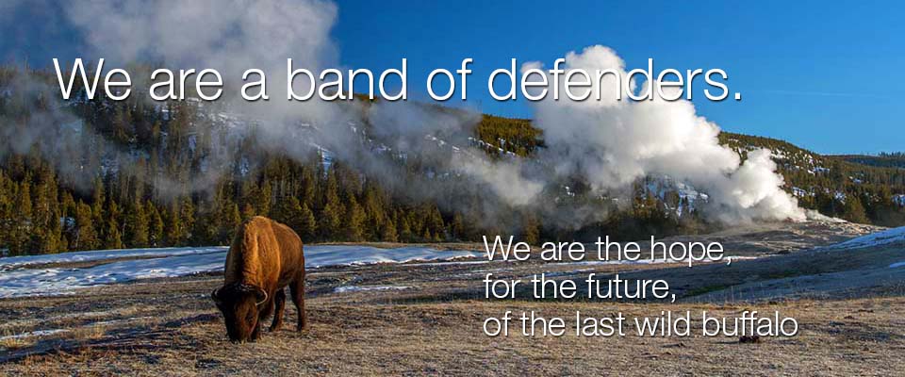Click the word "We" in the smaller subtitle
(504, 251)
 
